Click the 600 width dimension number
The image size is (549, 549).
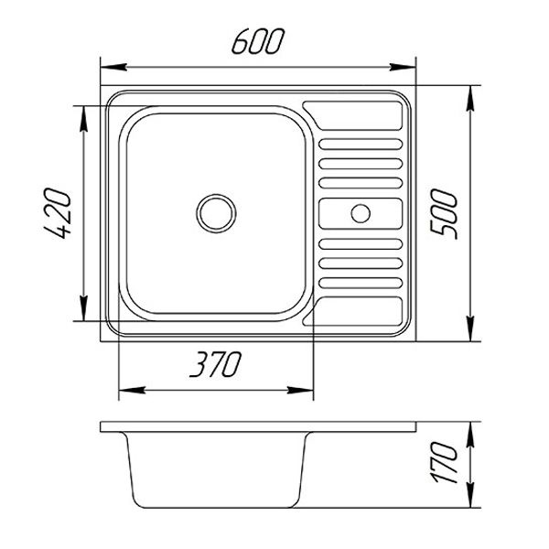[258, 41]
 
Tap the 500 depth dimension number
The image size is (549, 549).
[444, 213]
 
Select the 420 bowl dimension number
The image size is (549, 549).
[57, 213]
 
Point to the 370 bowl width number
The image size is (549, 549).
[215, 364]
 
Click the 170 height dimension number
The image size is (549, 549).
[445, 462]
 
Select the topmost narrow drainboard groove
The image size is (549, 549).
[361, 145]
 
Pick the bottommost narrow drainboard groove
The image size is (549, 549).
[361, 283]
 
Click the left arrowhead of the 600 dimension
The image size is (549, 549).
[113, 67]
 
